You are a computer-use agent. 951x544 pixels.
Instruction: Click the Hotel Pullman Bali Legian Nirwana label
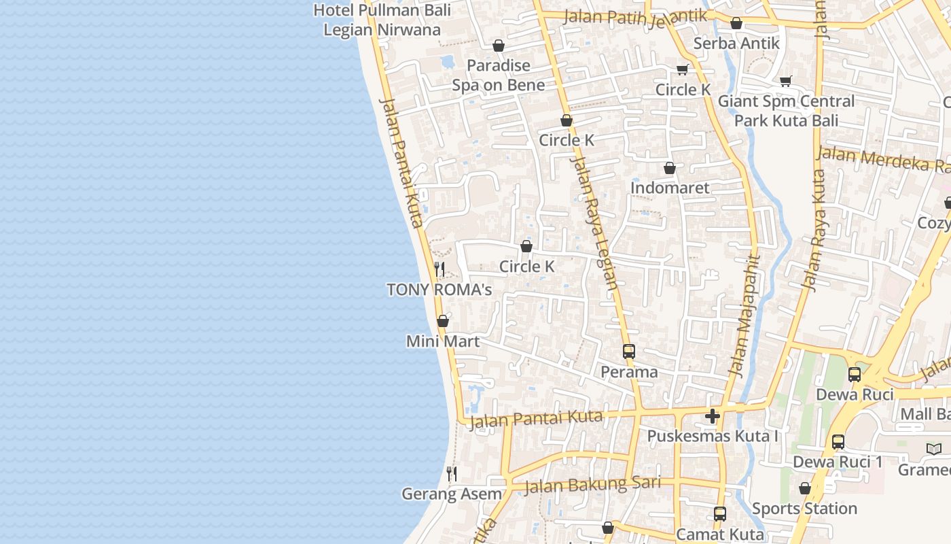coord(382,20)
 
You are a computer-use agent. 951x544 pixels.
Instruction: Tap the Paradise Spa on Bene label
coord(499,75)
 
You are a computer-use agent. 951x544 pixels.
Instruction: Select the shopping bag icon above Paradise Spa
coord(499,46)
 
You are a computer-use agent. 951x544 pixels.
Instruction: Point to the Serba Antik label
coord(736,43)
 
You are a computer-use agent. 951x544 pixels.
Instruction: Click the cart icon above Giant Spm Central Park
coord(786,81)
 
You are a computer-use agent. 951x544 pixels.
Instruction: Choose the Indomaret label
coord(670,188)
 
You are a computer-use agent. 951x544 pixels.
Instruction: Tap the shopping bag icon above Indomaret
coord(670,168)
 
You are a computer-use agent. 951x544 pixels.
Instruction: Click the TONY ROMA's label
coord(439,290)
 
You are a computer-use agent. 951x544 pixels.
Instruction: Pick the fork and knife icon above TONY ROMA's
coord(439,269)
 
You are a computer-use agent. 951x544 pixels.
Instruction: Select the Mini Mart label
coord(443,341)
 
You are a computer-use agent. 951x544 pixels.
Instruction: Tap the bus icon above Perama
coord(629,352)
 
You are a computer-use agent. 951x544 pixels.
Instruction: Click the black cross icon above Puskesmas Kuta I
coord(713,415)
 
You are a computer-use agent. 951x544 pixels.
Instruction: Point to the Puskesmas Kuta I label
coord(713,436)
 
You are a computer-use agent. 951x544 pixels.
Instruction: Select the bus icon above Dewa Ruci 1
coord(838,442)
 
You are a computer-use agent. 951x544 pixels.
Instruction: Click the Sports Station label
coord(804,509)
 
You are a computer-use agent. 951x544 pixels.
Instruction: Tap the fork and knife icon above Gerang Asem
coord(452,473)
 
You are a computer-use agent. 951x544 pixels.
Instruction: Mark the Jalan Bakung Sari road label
coord(592,484)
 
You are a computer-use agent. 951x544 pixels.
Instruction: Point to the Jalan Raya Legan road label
coord(595,223)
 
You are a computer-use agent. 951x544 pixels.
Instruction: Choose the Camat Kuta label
coord(720,534)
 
